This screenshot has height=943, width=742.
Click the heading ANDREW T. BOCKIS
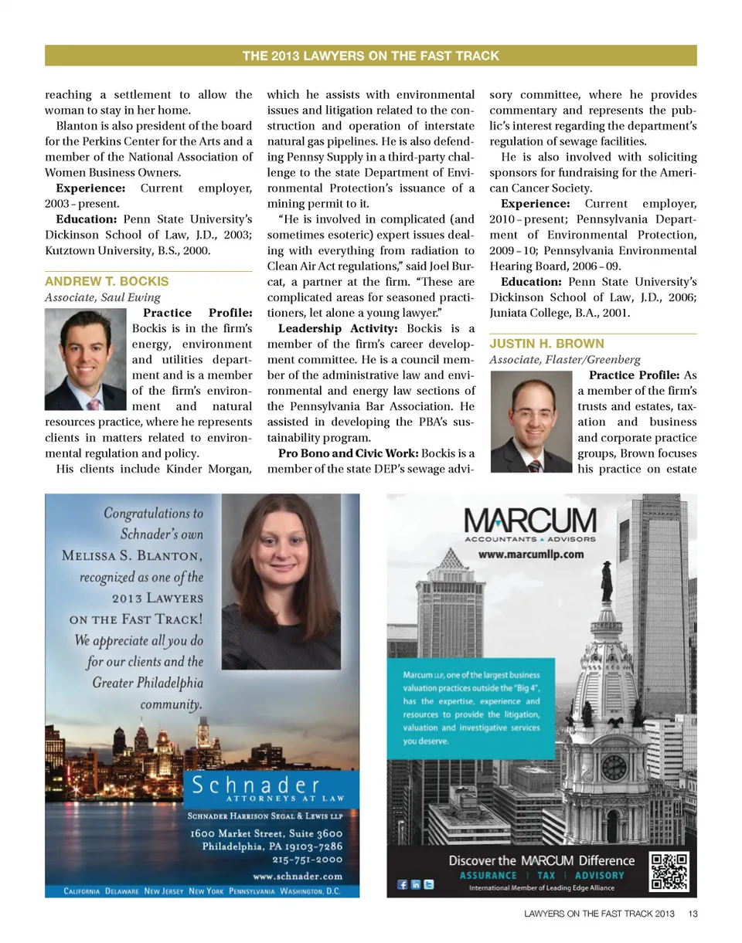107,280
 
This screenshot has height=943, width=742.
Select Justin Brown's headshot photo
529,422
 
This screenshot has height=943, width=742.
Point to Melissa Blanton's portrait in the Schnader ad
287,582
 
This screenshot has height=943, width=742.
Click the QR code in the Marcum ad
669,872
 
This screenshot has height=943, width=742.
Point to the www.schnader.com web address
298,876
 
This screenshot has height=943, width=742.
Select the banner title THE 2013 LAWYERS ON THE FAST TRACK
371,56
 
